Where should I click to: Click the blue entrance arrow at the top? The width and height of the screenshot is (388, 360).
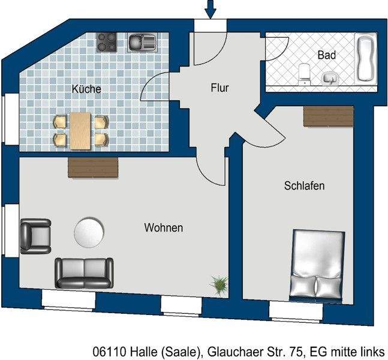click(x=210, y=9)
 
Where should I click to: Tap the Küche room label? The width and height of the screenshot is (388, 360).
click(x=86, y=89)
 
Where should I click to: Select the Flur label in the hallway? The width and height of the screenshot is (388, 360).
click(x=220, y=88)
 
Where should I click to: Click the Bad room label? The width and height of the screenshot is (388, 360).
click(x=326, y=55)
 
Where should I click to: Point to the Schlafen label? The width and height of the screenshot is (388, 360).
click(x=304, y=186)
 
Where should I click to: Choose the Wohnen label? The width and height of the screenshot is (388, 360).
click(x=163, y=228)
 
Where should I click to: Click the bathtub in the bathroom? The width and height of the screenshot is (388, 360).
click(x=366, y=59)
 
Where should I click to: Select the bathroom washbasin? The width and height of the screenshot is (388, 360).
click(x=329, y=78)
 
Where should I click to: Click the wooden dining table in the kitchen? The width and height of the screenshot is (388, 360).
click(x=80, y=130)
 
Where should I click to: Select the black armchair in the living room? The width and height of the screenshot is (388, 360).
click(x=35, y=235)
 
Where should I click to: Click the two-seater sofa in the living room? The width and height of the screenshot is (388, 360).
click(x=84, y=273)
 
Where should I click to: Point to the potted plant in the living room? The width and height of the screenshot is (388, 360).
click(x=219, y=284)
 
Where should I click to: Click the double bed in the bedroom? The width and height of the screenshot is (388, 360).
click(x=318, y=263)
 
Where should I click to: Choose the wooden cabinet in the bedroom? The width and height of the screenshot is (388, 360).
click(x=328, y=116)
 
